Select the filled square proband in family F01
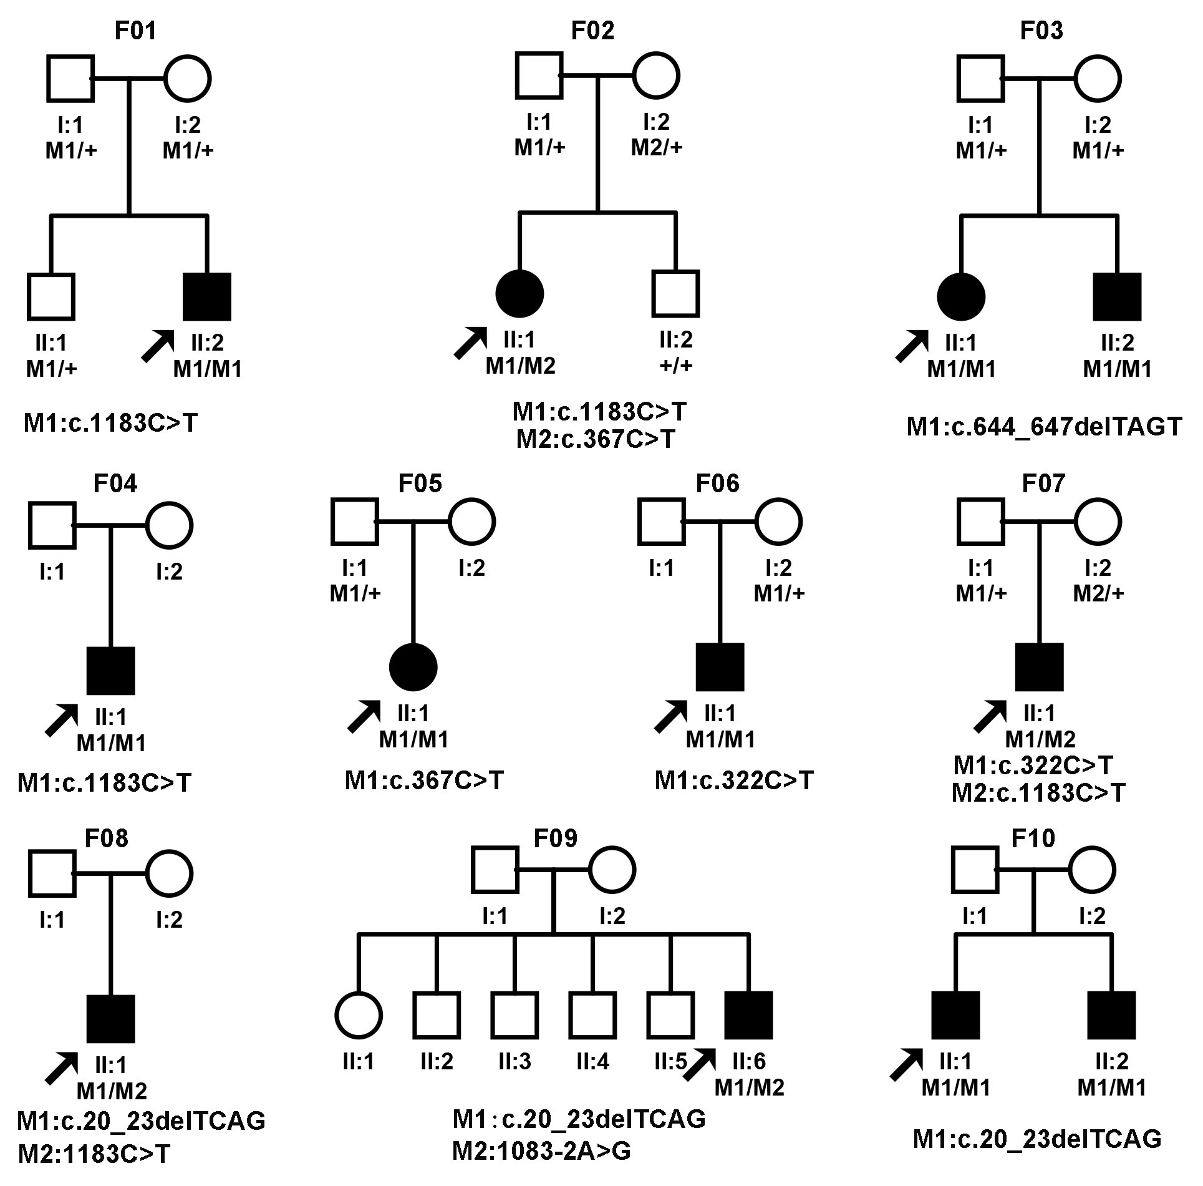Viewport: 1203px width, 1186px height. point(207,296)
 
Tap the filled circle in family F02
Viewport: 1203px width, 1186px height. point(519,294)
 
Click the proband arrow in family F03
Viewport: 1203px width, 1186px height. point(911,346)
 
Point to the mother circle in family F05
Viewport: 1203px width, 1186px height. point(471,522)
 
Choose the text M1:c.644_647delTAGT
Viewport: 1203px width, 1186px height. point(1044,427)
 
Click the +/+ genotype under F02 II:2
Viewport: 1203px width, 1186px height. point(676,365)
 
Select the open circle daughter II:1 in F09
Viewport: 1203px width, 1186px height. point(359,1015)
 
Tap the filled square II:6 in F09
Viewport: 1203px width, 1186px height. point(748,1015)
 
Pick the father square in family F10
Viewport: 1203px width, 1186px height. point(975,870)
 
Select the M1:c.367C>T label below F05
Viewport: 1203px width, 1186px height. point(424,780)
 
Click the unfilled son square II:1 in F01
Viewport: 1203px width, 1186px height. point(51,296)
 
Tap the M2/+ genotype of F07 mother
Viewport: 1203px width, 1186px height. point(1098,593)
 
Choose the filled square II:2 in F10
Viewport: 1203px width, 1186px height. point(1111,1015)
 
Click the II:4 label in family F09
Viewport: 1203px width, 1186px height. point(592,1061)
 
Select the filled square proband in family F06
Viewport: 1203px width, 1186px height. point(720,667)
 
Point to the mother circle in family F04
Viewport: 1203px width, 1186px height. point(169,525)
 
